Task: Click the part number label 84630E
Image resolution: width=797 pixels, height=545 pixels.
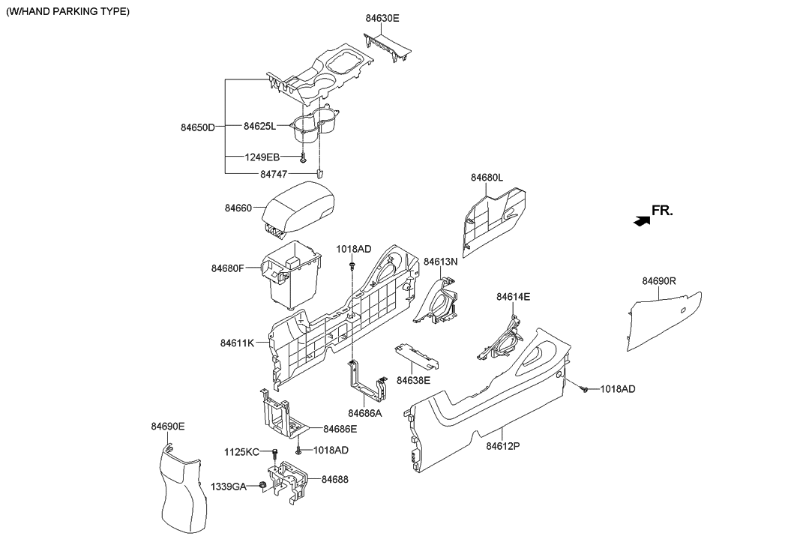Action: point(382,18)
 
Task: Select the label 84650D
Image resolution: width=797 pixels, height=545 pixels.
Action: point(198,127)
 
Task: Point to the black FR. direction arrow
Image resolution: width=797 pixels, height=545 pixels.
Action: point(642,220)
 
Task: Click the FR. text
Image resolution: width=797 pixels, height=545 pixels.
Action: point(662,211)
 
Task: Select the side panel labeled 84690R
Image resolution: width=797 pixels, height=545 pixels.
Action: point(663,322)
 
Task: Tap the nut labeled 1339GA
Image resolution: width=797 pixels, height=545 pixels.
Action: point(262,486)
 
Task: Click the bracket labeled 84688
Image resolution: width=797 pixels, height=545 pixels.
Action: point(288,481)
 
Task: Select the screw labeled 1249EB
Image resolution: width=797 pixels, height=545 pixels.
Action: point(303,157)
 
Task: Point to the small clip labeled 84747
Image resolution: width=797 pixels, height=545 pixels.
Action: point(320,173)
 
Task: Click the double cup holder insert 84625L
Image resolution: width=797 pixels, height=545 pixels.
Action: point(313,126)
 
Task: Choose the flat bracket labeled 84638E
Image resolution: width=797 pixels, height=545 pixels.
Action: point(416,355)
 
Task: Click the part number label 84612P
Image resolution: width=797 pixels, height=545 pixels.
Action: point(502,446)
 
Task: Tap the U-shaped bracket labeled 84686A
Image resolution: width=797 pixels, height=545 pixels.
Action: point(367,382)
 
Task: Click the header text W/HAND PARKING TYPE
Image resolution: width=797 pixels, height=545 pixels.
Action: point(67,11)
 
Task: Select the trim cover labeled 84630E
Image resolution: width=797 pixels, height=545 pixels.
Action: point(388,47)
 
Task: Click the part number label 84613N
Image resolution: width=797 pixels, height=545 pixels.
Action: point(441,262)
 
